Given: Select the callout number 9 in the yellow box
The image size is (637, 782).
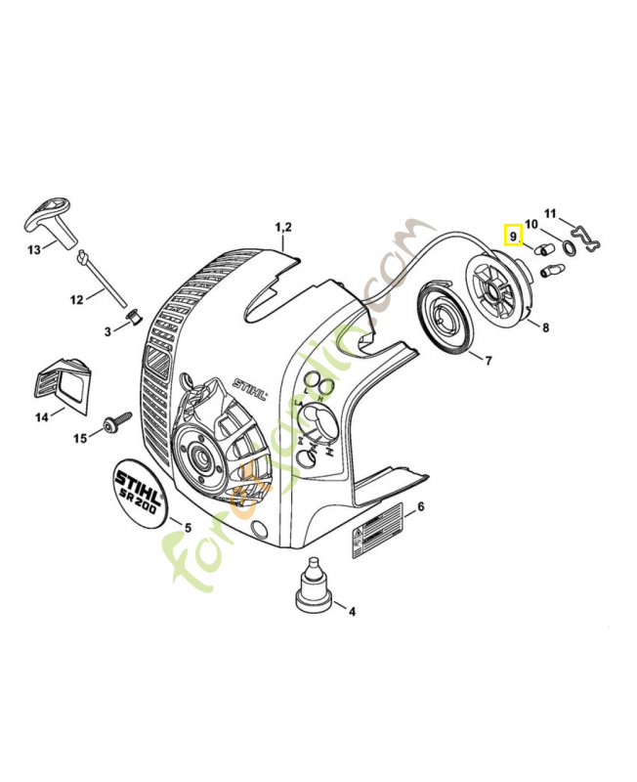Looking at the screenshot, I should [512, 236].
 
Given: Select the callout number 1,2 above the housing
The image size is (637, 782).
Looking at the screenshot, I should [283, 228].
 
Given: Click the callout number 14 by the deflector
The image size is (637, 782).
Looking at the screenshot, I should [42, 417].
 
